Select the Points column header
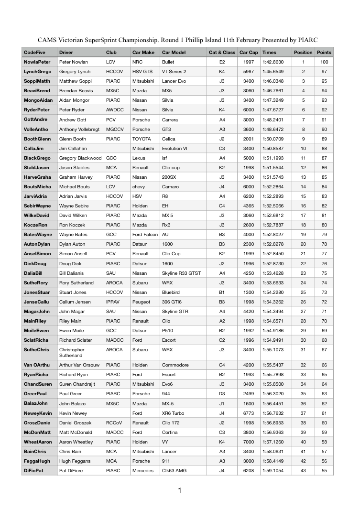[x=324, y=52]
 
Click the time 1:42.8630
[x=273, y=62]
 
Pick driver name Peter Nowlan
[x=73, y=62]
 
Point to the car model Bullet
[x=168, y=62]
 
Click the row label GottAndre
[x=36, y=119]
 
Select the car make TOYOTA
[x=142, y=139]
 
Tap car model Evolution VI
[x=177, y=148]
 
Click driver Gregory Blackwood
[x=80, y=158]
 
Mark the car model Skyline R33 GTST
[x=181, y=273]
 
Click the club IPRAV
[x=114, y=302]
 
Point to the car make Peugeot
[x=141, y=302]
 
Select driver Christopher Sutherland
[x=75, y=352]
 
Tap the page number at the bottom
[x=179, y=490]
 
